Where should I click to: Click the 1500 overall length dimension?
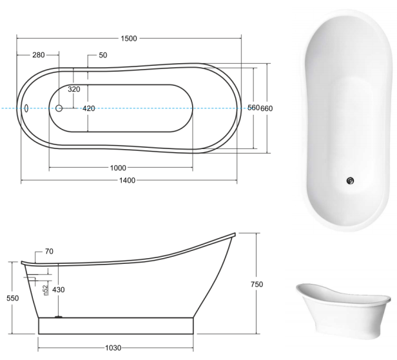pos(129,39)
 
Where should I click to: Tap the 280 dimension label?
pos(39,55)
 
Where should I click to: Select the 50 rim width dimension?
pos(103,55)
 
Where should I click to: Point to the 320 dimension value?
pos(74,89)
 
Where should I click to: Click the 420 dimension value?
pos(89,108)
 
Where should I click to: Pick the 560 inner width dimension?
pos(253,108)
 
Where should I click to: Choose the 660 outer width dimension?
pos(267,108)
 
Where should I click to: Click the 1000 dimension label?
pos(118,168)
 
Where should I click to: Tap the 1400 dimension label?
pos(127,181)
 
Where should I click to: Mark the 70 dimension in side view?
pos(49,251)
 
